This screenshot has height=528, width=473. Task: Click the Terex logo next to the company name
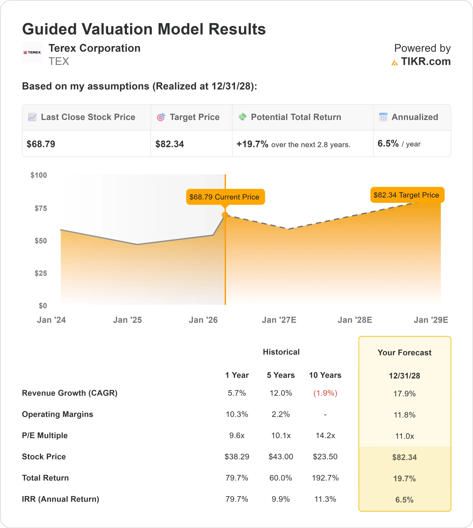32,52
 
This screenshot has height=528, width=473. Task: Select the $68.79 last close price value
41,144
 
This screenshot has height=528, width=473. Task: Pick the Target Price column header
194,117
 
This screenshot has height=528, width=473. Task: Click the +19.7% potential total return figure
252,144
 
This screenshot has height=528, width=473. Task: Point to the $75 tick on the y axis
41,208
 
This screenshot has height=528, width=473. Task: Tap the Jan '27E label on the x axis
279,320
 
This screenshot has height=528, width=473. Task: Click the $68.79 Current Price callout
225,197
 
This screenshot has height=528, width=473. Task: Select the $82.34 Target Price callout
407,195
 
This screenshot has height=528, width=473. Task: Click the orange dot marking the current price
225,215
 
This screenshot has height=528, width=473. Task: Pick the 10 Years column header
325,375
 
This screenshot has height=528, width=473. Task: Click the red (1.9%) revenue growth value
325,393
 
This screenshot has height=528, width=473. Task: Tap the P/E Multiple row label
45,435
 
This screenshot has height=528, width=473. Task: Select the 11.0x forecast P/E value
404,436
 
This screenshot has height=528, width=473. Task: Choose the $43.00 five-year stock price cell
281,457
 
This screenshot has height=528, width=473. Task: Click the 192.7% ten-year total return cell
325,478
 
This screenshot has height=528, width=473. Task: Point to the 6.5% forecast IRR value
404,500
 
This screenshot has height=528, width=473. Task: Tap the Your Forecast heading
404,353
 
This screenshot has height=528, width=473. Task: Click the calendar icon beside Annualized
383,117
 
